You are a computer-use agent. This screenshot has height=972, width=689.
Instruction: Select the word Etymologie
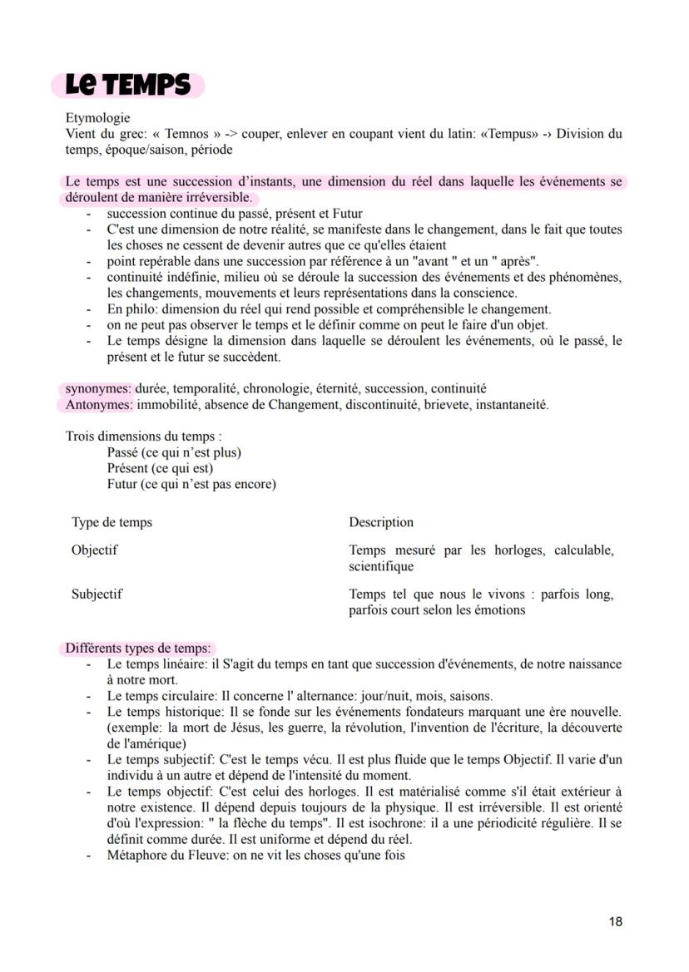click(97, 119)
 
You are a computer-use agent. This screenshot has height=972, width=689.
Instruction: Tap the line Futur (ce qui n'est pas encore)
click(191, 484)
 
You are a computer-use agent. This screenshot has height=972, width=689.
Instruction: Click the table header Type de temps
click(112, 522)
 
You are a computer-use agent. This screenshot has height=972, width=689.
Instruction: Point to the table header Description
click(381, 522)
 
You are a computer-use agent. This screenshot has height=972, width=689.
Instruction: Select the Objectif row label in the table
click(94, 550)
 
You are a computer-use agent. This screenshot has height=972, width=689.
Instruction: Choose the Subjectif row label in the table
click(97, 594)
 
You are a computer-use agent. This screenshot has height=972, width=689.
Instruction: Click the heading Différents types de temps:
click(138, 649)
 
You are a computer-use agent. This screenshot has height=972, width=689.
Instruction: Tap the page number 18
click(615, 921)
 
